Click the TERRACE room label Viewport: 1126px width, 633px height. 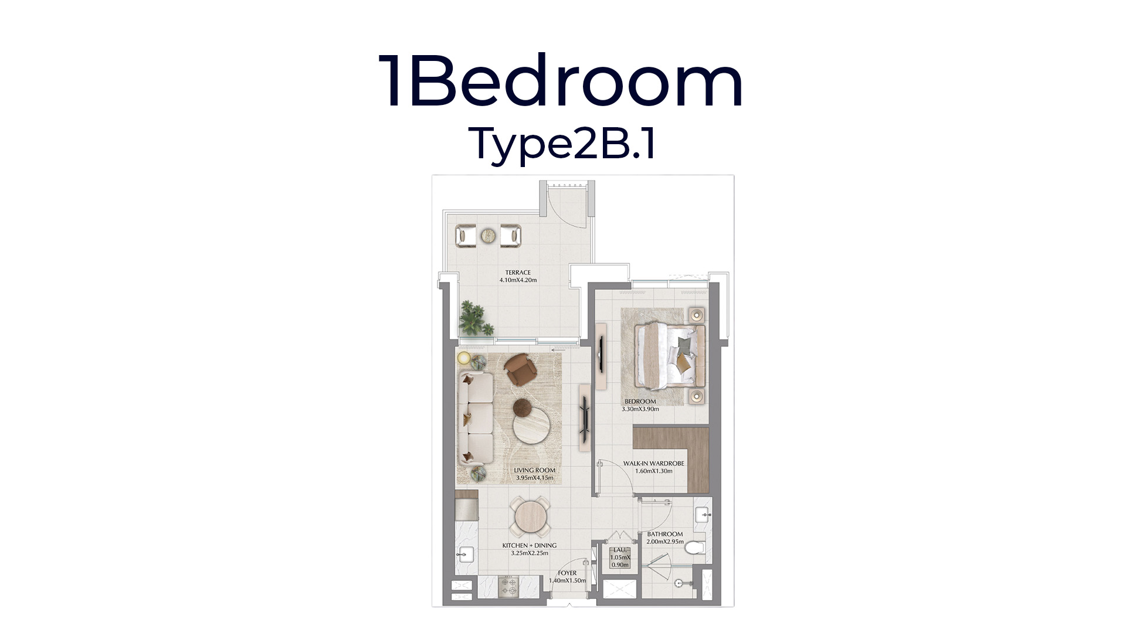tap(518, 273)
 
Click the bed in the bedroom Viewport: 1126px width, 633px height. tap(671, 356)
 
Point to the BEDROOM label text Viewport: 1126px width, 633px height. tap(640, 401)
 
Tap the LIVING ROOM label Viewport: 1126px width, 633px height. tap(534, 470)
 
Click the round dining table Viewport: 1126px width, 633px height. tap(530, 516)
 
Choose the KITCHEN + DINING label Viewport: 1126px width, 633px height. tap(529, 545)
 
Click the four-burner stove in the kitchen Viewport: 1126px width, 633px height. tap(98, 586)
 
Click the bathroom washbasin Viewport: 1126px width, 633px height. tap(703, 515)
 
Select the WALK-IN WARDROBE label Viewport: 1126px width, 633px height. tap(653, 464)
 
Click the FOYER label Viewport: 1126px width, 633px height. tap(567, 573)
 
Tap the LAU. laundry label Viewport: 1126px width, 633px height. tap(619, 550)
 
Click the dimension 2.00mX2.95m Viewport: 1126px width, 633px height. tap(664, 542)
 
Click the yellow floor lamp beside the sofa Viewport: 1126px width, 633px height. tap(464, 358)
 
